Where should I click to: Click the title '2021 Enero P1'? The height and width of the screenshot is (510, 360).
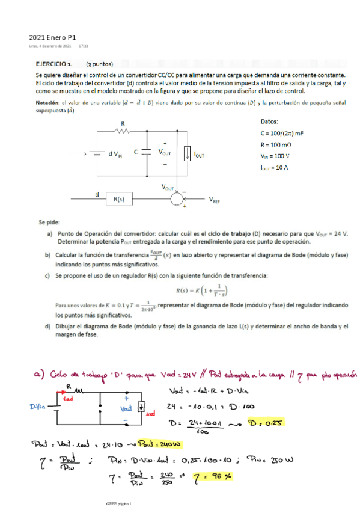pyautogui.click(x=52, y=37)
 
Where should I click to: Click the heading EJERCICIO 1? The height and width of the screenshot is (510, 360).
pyautogui.click(x=53, y=63)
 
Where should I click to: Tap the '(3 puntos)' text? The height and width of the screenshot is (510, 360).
pyautogui.click(x=99, y=63)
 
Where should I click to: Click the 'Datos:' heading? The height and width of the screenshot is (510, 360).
pyautogui.click(x=269, y=120)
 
